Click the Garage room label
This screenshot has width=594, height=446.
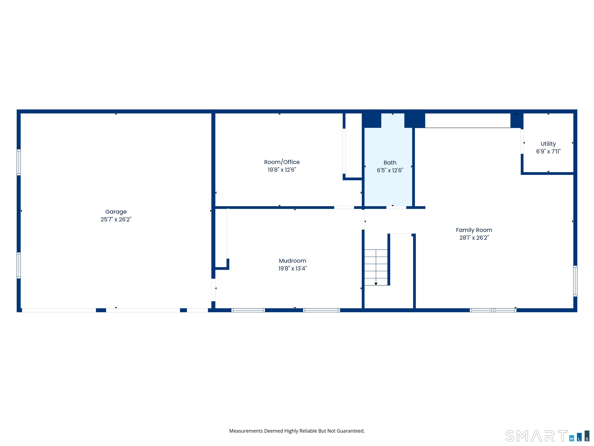[116, 212]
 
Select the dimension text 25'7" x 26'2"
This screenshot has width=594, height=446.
[116, 219]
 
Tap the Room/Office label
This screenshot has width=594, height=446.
[282, 162]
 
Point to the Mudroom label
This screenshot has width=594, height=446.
[292, 261]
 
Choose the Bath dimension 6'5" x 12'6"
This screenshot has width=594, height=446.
[390, 170]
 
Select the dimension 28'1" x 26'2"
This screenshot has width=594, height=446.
[474, 238]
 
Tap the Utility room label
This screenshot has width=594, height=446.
[548, 144]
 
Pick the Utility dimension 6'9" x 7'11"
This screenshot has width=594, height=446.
[548, 151]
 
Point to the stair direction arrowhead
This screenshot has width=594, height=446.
[376, 284]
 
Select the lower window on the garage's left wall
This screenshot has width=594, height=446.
[19, 265]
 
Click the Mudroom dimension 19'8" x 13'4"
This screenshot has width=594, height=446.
[292, 268]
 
